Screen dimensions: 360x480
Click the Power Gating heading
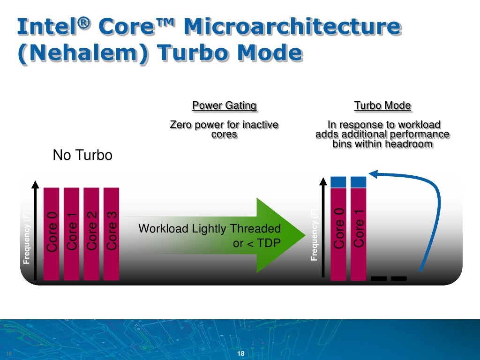click(x=224, y=105)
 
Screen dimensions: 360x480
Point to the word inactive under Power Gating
click(x=258, y=125)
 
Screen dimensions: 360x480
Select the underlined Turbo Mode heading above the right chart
click(x=382, y=105)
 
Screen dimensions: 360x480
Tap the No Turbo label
click(x=82, y=155)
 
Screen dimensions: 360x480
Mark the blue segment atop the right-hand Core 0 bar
click(x=338, y=181)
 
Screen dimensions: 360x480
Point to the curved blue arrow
click(x=437, y=206)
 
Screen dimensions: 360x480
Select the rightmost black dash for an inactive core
click(x=398, y=278)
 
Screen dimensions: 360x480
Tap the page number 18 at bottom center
click(x=241, y=353)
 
